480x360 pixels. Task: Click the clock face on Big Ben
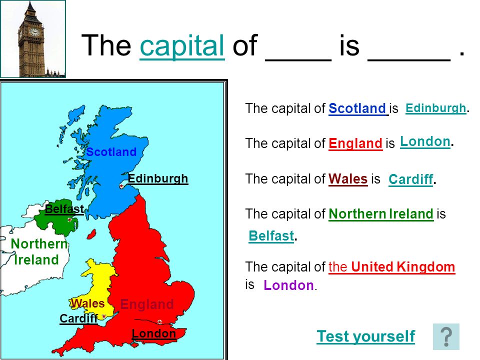pos(34,32)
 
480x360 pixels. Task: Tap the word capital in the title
pos(182,46)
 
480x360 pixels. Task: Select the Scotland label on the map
pos(111,152)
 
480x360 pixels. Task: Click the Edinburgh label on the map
pos(158,179)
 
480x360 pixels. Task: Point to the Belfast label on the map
pos(64,209)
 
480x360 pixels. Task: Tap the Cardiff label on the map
pos(78,318)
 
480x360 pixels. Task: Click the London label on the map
pos(154,333)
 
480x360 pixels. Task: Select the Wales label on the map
pos(88,303)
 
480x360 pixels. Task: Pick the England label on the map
pos(147,304)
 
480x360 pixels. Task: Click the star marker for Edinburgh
pos(121,186)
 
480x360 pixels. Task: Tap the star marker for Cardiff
pos(104,316)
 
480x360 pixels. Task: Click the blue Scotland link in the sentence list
pos(357,108)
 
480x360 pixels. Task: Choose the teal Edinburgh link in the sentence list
pos(436,108)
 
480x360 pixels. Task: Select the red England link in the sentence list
pos(355,143)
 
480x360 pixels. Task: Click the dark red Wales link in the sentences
pos(348,179)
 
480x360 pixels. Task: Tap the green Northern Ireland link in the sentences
pos(381,214)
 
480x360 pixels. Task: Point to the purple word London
pos(288,285)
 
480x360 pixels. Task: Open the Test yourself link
pos(366,336)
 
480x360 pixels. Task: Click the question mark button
pos(446,336)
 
